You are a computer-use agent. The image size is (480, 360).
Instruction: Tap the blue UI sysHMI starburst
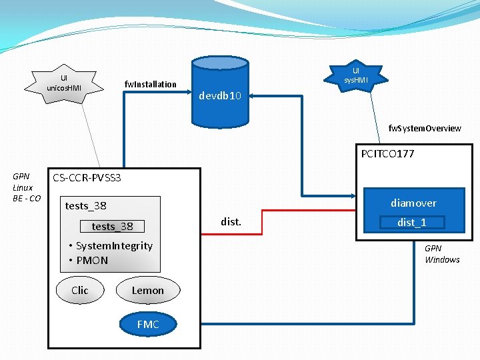(356, 75)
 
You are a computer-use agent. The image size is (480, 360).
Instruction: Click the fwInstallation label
(151, 84)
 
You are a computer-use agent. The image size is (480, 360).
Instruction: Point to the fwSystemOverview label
(425, 128)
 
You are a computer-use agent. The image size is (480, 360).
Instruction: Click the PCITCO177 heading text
(387, 154)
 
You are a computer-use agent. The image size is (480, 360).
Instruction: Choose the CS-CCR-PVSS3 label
(87, 178)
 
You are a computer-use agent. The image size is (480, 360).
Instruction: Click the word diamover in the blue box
(413, 203)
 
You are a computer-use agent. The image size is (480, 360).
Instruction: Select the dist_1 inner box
(411, 223)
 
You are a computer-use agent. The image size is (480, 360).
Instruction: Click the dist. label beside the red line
(231, 221)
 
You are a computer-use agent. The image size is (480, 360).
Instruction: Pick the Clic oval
(80, 290)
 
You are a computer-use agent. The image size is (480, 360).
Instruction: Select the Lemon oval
(147, 290)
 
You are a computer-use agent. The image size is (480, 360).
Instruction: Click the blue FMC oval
(148, 324)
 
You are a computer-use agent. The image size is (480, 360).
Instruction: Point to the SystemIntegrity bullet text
(114, 245)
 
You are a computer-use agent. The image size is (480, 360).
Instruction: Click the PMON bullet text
(92, 260)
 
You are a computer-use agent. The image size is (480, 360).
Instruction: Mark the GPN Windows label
(442, 254)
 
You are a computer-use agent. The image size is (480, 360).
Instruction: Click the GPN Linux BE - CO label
(27, 187)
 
